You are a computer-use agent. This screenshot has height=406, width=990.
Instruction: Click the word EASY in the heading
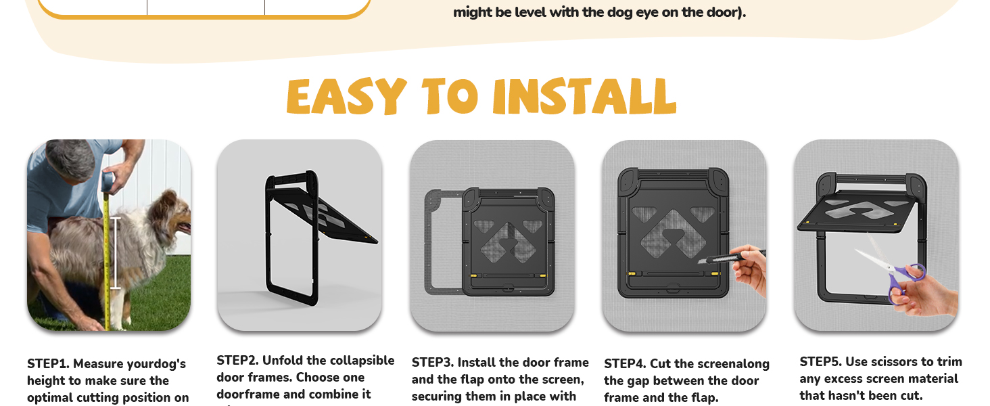(x=346, y=96)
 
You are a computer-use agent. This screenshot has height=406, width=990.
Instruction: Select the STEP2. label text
(x=237, y=361)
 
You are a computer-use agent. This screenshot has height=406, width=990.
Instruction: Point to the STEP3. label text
(x=433, y=363)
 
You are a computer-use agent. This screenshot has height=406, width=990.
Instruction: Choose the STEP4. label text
(x=625, y=364)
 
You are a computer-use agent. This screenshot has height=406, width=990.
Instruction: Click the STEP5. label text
(x=820, y=362)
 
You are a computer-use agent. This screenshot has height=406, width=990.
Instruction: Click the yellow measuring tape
(x=106, y=257)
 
